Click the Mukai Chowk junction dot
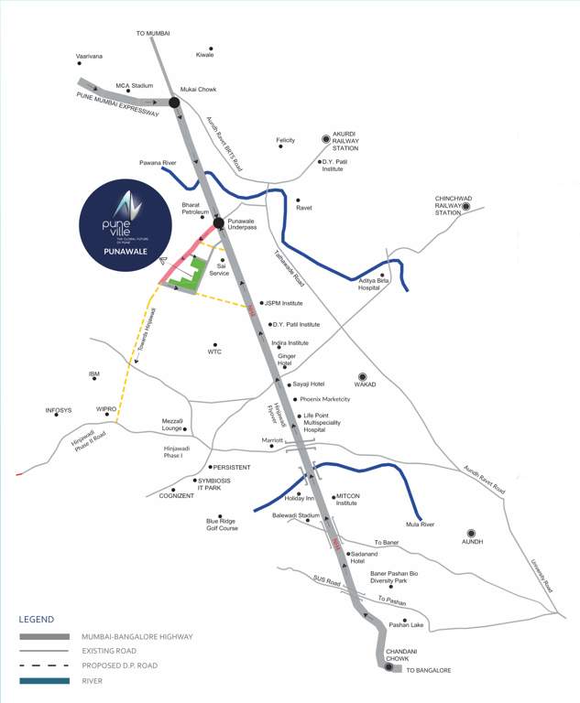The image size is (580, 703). point(174,103)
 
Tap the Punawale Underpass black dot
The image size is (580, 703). point(219,222)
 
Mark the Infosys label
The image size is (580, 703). point(59,410)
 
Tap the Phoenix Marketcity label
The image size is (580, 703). point(325,399)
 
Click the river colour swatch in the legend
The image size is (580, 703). point(44,680)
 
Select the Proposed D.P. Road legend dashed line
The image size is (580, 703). point(44,665)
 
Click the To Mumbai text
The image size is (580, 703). point(154,33)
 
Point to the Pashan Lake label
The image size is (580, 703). point(406,625)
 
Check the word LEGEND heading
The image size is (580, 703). point(35,619)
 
